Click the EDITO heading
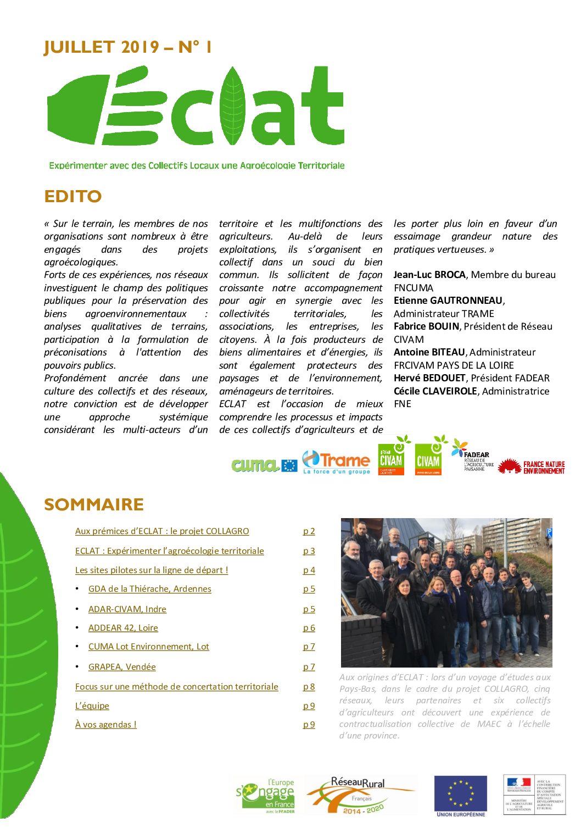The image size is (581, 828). click(73, 197)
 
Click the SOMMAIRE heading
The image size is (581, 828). click(94, 504)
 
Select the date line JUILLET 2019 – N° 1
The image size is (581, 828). click(127, 47)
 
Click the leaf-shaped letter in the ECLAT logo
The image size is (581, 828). click(233, 105)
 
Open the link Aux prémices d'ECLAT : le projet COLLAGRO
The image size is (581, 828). click(162, 531)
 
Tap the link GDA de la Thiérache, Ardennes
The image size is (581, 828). click(149, 589)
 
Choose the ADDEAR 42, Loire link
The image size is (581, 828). click(123, 628)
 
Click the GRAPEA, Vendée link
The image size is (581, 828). click(122, 667)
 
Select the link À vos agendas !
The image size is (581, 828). click(106, 725)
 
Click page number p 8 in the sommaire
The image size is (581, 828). click(309, 687)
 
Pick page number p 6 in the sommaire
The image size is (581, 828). click(309, 628)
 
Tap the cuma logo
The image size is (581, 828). click(256, 465)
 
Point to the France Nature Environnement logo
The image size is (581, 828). click(531, 467)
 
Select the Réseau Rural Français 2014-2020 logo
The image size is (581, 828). click(360, 794)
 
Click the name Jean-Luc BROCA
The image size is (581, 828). click(429, 275)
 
